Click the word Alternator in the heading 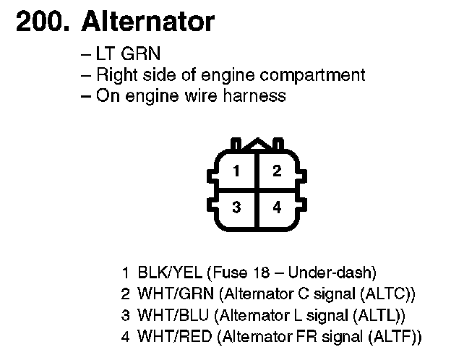(148, 22)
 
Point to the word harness (257, 95)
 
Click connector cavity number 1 (236, 171)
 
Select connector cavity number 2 (277, 171)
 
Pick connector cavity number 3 (236, 207)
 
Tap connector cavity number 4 (277, 207)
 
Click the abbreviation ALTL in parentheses (381, 315)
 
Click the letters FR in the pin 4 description (303, 336)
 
